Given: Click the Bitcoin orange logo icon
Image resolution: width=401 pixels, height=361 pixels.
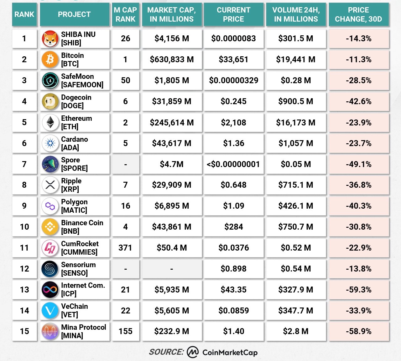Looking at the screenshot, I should [x=50, y=59].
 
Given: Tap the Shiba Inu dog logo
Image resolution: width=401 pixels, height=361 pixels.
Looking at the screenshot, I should [x=50, y=38].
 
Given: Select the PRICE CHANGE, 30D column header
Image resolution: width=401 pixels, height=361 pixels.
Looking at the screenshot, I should [x=358, y=14].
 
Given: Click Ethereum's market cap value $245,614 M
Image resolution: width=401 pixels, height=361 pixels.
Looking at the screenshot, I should [x=172, y=122].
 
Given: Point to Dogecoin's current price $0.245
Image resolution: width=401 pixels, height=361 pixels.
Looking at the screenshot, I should [x=233, y=101].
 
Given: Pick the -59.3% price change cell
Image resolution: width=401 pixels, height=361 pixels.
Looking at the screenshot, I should [x=358, y=290].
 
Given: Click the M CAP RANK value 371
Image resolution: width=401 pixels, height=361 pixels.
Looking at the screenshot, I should [x=125, y=248].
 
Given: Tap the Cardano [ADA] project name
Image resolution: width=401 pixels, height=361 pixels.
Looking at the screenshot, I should [x=75, y=143].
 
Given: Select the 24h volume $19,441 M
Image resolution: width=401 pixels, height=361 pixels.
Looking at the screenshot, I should [x=295, y=59].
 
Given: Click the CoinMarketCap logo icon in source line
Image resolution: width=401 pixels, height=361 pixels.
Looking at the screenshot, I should [x=193, y=352].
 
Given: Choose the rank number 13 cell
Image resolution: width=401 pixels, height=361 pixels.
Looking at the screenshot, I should [x=24, y=290].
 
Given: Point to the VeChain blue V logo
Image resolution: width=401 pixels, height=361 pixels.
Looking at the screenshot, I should [x=50, y=311].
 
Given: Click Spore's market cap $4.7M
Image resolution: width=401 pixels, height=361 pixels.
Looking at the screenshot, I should [x=172, y=164].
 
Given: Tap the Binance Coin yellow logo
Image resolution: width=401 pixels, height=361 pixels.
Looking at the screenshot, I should [x=50, y=227].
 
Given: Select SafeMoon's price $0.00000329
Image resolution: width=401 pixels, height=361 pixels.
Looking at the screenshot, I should [x=233, y=80].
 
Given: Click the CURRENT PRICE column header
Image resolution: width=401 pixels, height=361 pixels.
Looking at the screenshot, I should [x=233, y=14].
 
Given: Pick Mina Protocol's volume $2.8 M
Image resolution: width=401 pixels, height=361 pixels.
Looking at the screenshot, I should [x=295, y=331].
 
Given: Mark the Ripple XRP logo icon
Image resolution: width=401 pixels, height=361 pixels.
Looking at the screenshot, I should [x=50, y=185].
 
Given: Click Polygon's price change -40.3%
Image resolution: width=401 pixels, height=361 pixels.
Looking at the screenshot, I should [x=358, y=206].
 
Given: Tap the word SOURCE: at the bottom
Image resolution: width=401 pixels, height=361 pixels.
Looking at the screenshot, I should [x=166, y=352].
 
